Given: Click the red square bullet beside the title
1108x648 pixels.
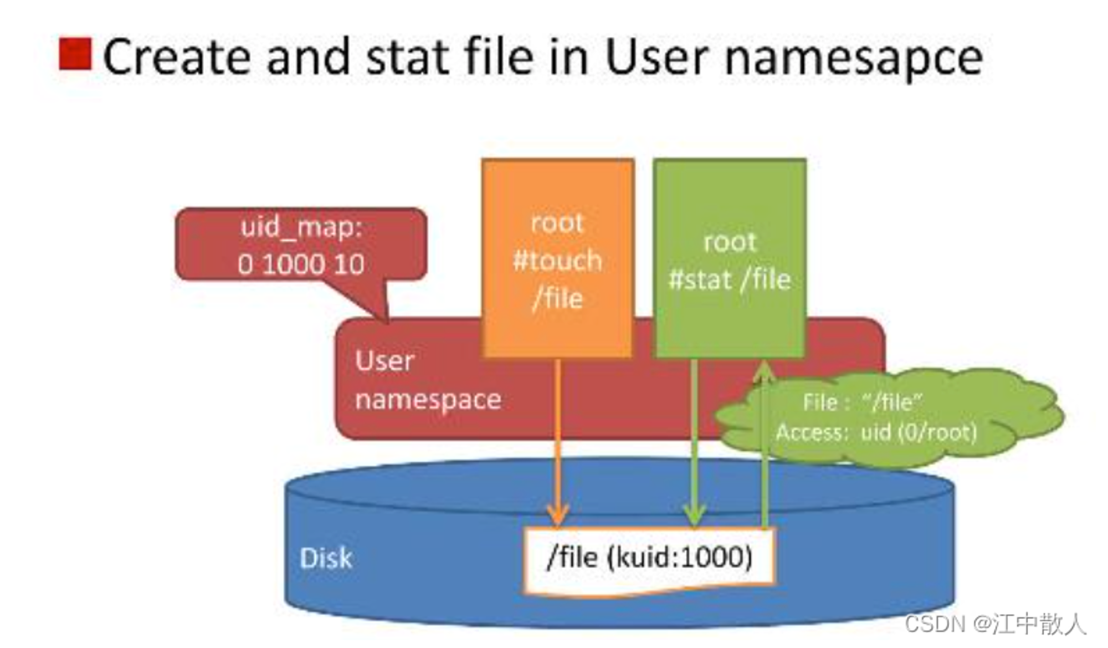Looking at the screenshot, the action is [75, 54].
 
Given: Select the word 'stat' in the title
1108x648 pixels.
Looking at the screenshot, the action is [408, 57].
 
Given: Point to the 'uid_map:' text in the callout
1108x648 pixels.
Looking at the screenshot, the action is [301, 228].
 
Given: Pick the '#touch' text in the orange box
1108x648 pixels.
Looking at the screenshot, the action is [557, 261].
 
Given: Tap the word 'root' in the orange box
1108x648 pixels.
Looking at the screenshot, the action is [557, 223].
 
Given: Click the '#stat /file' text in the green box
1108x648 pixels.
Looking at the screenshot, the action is [730, 279].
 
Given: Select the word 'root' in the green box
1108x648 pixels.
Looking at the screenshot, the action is [730, 242].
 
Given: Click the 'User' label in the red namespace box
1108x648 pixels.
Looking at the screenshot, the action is [384, 361].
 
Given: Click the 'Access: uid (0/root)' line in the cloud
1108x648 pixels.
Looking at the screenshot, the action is [876, 432].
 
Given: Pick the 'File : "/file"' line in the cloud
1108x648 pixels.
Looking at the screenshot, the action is [863, 402].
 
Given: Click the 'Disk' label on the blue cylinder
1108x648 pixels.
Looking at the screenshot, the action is [326, 558].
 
